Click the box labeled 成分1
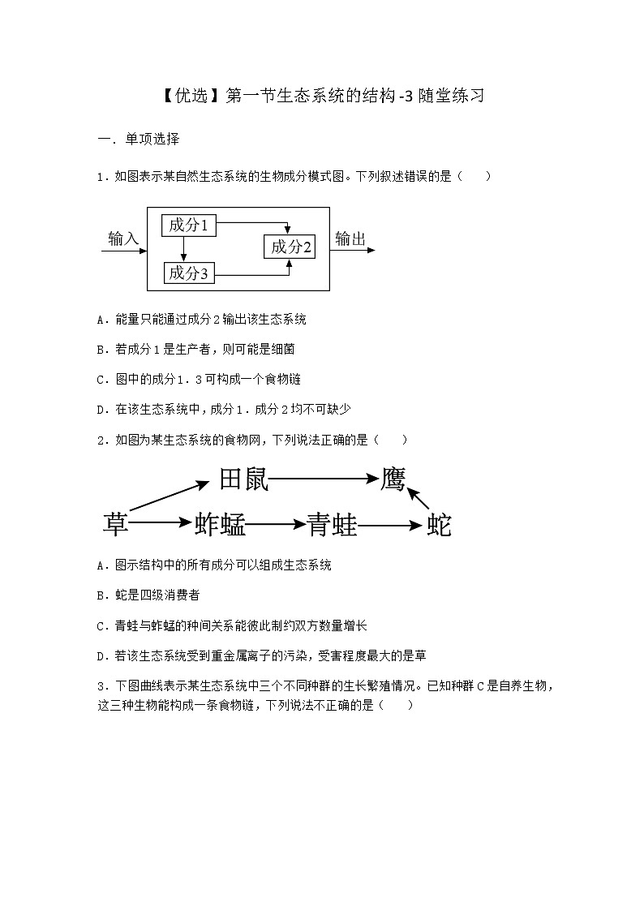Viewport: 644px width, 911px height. pos(189,226)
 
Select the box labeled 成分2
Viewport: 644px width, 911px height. pos(290,247)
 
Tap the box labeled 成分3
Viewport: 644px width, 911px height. pos(189,273)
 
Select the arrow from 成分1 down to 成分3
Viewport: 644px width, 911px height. pos(184,249)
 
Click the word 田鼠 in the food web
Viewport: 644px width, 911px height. pos(243,479)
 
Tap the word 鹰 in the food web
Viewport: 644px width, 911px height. pos(393,479)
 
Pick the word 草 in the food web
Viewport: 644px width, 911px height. pos(116,524)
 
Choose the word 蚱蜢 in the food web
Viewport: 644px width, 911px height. pos(220,524)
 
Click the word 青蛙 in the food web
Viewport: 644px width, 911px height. pos(333,524)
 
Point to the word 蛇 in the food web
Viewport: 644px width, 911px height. pos(439,524)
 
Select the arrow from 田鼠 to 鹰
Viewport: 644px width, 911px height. pos(324,479)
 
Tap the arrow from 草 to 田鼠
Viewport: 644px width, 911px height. pos(169,496)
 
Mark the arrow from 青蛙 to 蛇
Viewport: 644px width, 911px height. pos(390,525)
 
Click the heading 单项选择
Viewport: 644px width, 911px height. pos(152,139)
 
